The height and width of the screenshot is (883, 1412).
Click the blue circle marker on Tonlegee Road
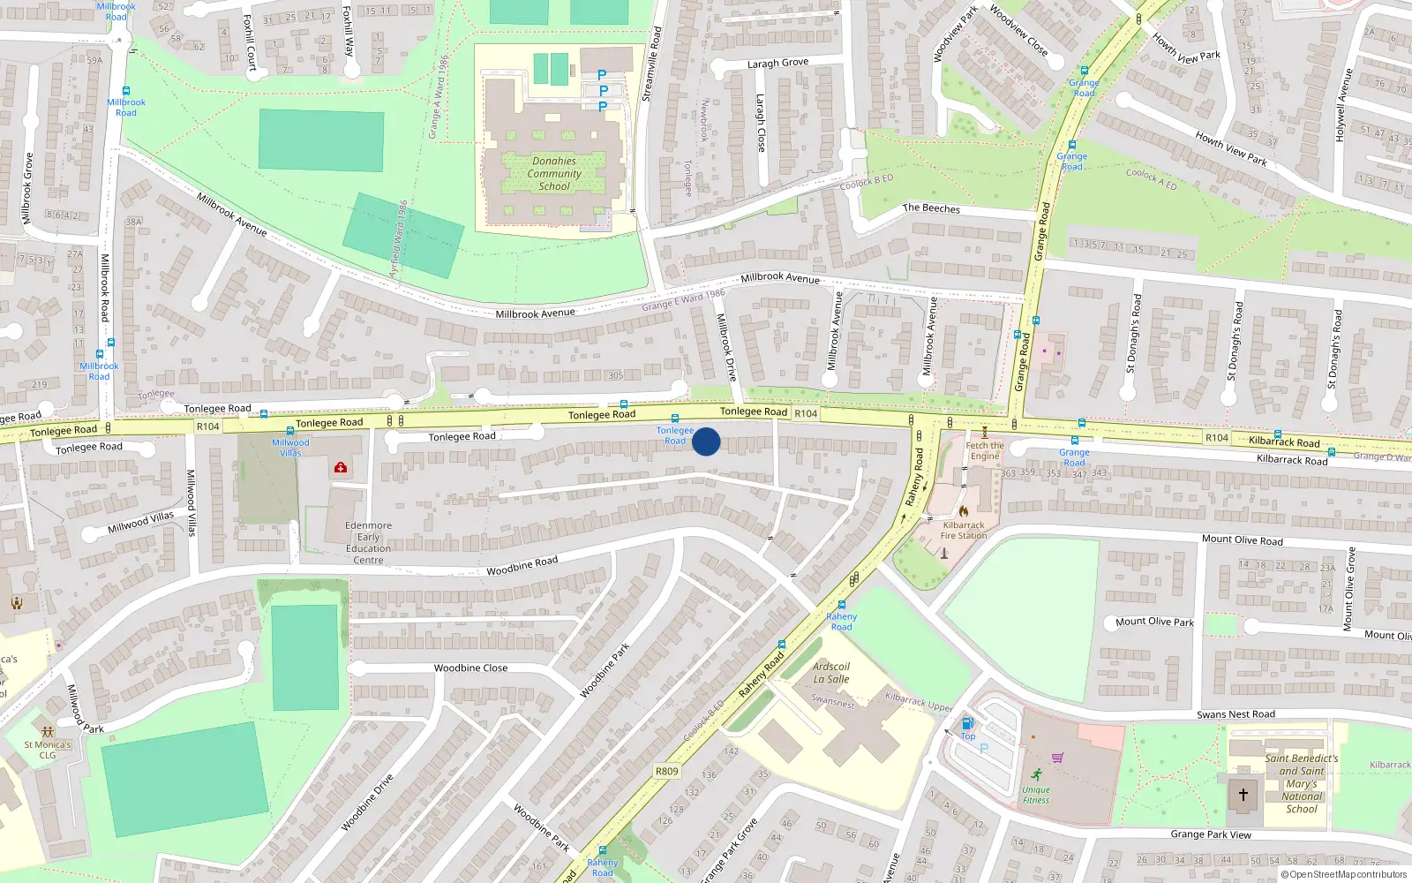[x=706, y=441]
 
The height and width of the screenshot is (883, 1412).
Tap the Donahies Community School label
[x=554, y=174]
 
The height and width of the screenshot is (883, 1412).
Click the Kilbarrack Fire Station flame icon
[x=963, y=511]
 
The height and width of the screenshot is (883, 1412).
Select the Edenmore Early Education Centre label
[x=369, y=542]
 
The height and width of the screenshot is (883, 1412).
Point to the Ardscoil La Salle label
[x=831, y=673]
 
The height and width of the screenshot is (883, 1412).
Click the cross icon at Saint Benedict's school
[x=1243, y=795]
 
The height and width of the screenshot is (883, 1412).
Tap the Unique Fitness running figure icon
[x=1036, y=774]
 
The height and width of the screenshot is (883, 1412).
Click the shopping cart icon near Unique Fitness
[x=1057, y=758]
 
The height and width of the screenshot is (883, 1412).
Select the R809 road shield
[x=667, y=771]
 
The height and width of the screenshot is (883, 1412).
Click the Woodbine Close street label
[x=470, y=668]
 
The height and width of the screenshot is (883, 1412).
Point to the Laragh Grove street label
[x=777, y=63]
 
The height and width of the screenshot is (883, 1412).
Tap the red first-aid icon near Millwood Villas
[x=341, y=467]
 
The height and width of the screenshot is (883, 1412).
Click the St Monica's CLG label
[x=48, y=750]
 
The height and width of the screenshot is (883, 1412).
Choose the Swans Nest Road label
[x=1235, y=714]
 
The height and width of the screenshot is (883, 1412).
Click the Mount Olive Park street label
[x=1154, y=622]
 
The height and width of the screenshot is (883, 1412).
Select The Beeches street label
[x=931, y=208]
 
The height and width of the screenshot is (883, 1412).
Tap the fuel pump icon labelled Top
[x=967, y=724]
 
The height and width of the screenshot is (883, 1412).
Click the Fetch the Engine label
[x=985, y=450]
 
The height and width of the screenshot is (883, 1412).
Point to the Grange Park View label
[x=1211, y=834]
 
